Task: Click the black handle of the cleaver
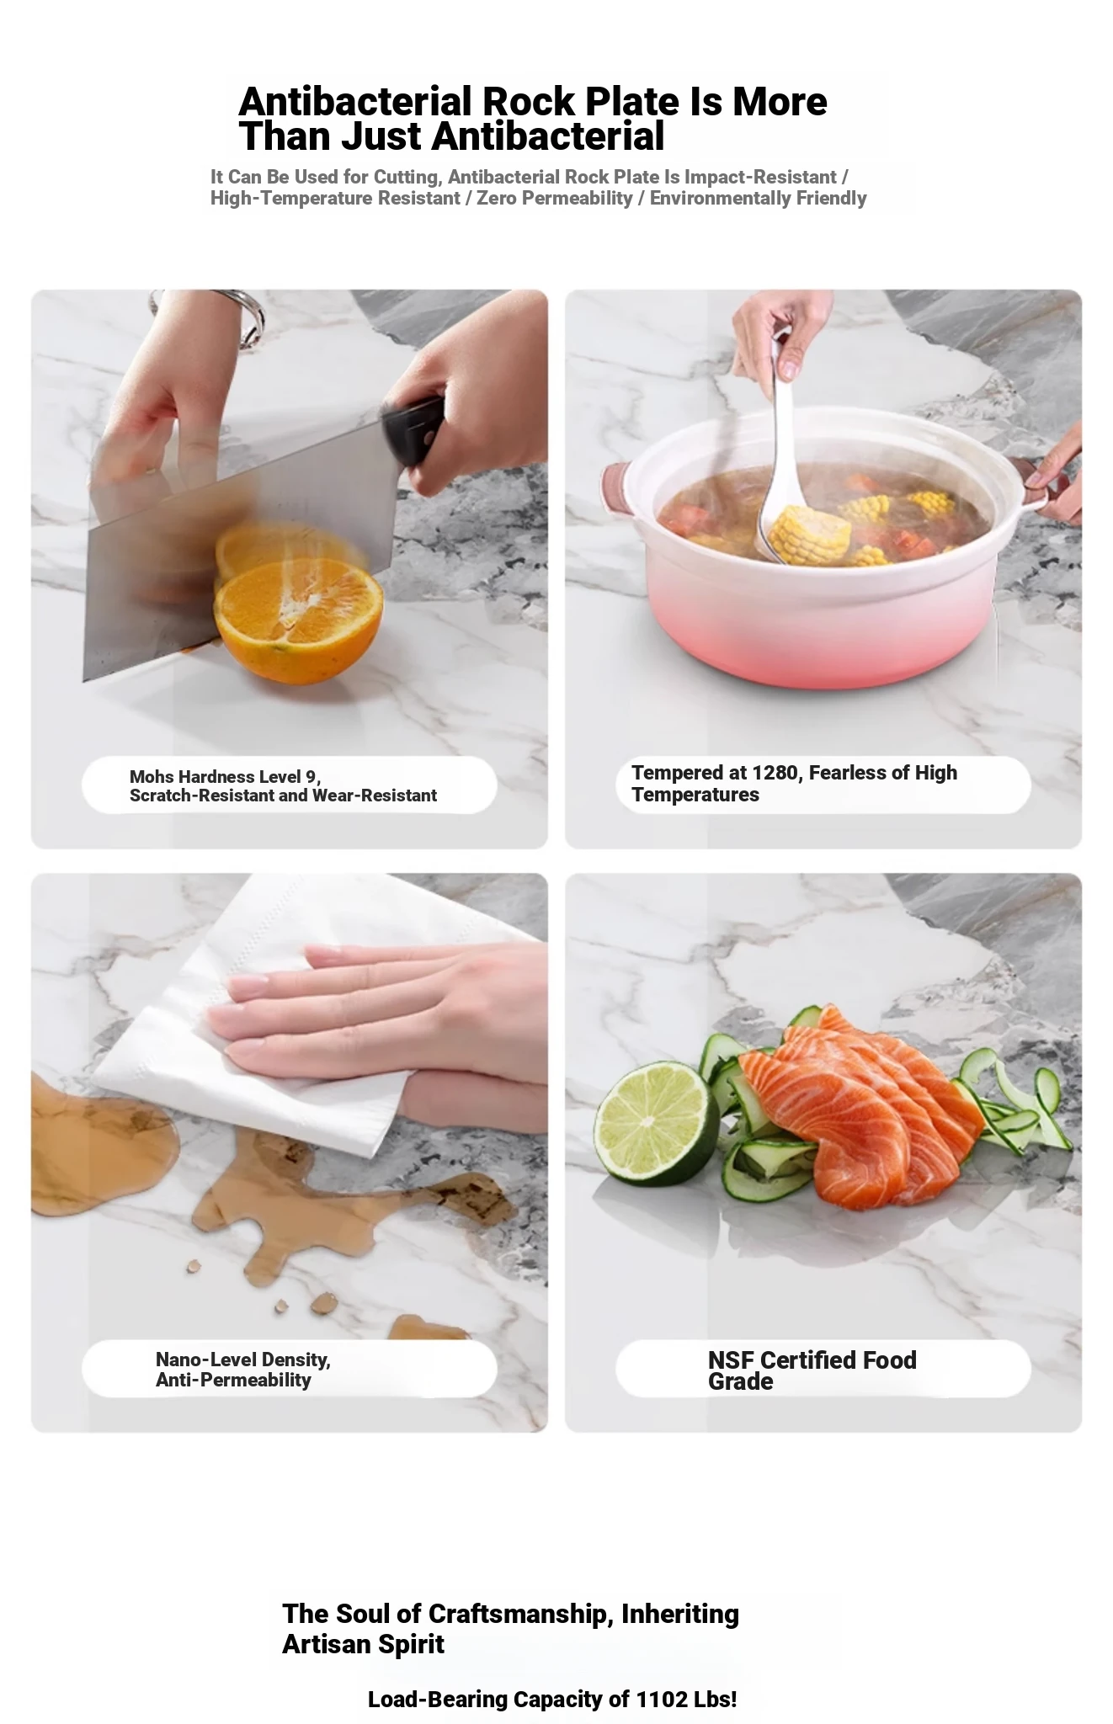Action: (x=413, y=432)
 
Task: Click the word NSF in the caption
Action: (x=731, y=1360)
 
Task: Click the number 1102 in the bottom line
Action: (x=662, y=1699)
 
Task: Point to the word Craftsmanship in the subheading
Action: (x=517, y=1614)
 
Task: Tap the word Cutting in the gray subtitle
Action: (x=407, y=178)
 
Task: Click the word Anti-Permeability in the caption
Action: (x=233, y=1381)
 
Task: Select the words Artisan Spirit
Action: (x=363, y=1644)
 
